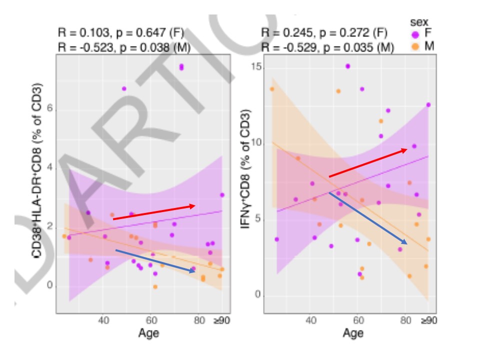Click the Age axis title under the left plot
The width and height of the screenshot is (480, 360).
(x=148, y=332)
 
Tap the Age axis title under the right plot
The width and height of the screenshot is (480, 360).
(x=353, y=332)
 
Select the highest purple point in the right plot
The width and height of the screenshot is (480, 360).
(x=347, y=66)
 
